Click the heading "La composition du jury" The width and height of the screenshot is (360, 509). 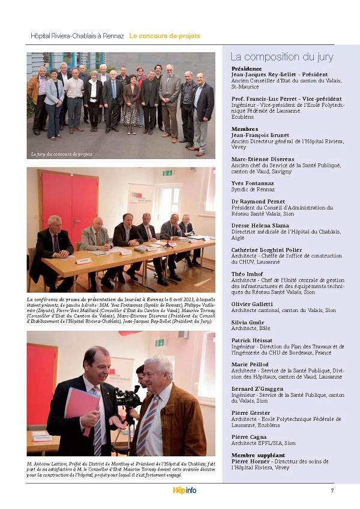(281, 57)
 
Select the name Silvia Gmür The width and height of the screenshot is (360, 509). (248, 322)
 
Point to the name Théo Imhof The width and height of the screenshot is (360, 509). (247, 274)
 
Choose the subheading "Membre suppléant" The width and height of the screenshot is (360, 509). (258, 455)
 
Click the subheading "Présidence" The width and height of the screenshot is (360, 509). (246, 68)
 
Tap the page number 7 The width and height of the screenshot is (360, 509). (332, 490)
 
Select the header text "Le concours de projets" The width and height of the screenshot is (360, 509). (164, 36)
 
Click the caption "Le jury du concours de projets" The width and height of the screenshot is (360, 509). (62, 154)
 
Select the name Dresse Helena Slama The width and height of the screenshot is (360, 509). (260, 226)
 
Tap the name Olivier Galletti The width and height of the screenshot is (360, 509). (252, 304)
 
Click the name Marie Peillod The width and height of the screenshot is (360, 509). (250, 364)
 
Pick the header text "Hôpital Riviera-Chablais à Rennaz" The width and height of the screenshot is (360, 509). (77, 36)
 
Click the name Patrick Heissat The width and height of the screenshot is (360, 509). (252, 340)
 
